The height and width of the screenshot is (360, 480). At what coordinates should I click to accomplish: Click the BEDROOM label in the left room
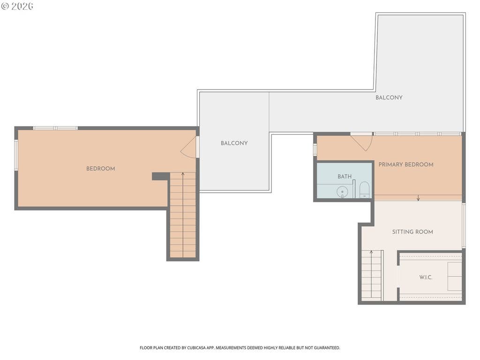[x=100, y=169]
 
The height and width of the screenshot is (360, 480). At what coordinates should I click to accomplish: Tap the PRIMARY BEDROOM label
[x=406, y=165]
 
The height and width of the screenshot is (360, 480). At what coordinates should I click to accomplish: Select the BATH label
[x=345, y=177]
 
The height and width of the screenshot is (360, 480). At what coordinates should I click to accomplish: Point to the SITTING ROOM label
[x=412, y=232]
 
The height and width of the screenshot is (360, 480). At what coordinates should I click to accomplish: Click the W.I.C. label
[x=426, y=277]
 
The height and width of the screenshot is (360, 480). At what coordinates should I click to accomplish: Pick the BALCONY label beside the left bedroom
[x=234, y=143]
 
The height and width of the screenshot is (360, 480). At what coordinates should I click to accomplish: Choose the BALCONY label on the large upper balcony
[x=389, y=97]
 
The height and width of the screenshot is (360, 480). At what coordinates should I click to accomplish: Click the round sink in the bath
[x=342, y=192]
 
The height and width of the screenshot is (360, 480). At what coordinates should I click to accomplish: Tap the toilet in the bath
[x=364, y=190]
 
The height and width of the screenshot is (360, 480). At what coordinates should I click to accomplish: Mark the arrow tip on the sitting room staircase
[x=371, y=251]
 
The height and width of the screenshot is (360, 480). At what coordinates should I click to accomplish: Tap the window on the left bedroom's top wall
[x=55, y=128]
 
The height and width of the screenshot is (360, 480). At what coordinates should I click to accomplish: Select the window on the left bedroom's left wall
[x=16, y=155]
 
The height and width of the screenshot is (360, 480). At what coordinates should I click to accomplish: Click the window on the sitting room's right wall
[x=464, y=225]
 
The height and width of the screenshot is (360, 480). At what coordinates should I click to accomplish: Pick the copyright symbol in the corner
[x=5, y=6]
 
